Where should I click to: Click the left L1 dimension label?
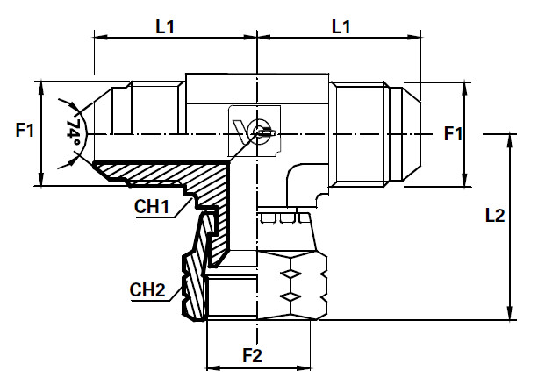click(x=165, y=26)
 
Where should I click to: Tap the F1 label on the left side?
click(x=25, y=132)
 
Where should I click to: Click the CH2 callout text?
click(x=147, y=289)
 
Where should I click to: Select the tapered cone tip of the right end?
click(x=408, y=133)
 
